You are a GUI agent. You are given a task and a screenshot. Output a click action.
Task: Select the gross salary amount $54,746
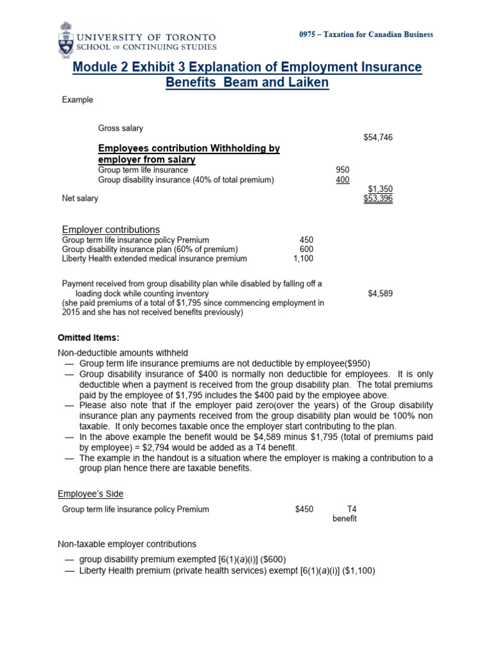(x=378, y=138)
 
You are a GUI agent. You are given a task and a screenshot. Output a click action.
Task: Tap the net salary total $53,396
(x=378, y=198)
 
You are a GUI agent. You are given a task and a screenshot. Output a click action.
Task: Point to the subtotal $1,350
(x=380, y=189)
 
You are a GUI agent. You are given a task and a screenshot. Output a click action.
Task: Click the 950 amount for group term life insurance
(x=343, y=170)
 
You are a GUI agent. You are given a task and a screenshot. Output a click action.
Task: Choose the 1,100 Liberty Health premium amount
(x=303, y=259)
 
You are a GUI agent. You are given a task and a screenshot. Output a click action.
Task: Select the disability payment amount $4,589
(x=380, y=294)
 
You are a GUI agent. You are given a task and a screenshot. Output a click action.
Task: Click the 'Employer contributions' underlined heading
(x=111, y=230)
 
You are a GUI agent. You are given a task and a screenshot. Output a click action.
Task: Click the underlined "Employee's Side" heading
(x=90, y=494)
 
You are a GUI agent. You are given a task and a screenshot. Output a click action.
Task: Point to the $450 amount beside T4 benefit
(x=304, y=510)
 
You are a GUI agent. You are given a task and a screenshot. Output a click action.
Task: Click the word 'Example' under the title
(x=77, y=100)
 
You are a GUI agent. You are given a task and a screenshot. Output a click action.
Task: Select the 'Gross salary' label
(x=121, y=129)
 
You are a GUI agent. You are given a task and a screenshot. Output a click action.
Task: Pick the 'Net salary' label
(x=80, y=198)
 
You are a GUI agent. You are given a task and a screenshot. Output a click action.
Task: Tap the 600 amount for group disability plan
(x=306, y=249)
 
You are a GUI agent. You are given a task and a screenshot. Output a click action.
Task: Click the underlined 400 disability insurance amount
(x=343, y=180)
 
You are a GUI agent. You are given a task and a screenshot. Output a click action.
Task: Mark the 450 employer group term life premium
(x=306, y=240)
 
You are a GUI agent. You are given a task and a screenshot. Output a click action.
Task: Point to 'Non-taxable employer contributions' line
(x=127, y=544)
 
